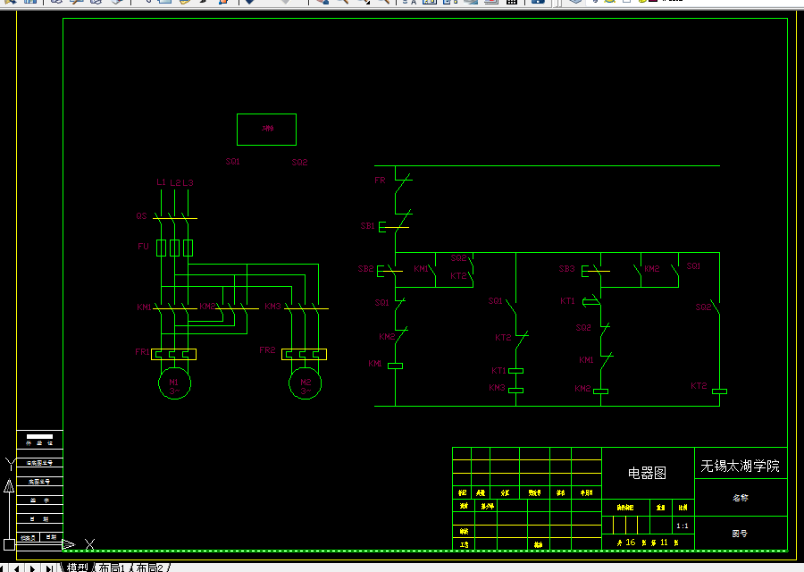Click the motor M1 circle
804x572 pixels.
click(x=174, y=384)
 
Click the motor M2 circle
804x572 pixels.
click(x=305, y=384)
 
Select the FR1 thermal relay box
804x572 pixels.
click(x=174, y=354)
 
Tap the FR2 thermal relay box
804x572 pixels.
click(x=305, y=354)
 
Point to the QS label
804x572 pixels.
click(x=141, y=216)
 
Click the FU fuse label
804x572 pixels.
click(x=142, y=246)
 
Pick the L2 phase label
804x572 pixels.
click(x=175, y=182)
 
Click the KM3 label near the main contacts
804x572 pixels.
click(x=272, y=307)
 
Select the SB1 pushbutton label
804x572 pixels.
click(x=367, y=226)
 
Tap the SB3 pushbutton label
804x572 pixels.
click(x=566, y=268)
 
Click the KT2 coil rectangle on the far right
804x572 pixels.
click(x=718, y=391)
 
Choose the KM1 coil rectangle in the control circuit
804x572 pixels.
click(x=395, y=366)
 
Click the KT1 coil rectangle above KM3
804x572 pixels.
click(x=515, y=371)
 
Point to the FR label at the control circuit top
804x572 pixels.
click(x=380, y=181)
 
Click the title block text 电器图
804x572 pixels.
click(x=648, y=473)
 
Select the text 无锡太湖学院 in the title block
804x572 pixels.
click(x=740, y=466)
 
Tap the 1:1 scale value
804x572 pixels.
click(x=683, y=526)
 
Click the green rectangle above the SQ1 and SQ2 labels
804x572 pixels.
click(x=266, y=129)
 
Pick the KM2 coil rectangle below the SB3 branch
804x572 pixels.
click(x=601, y=391)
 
